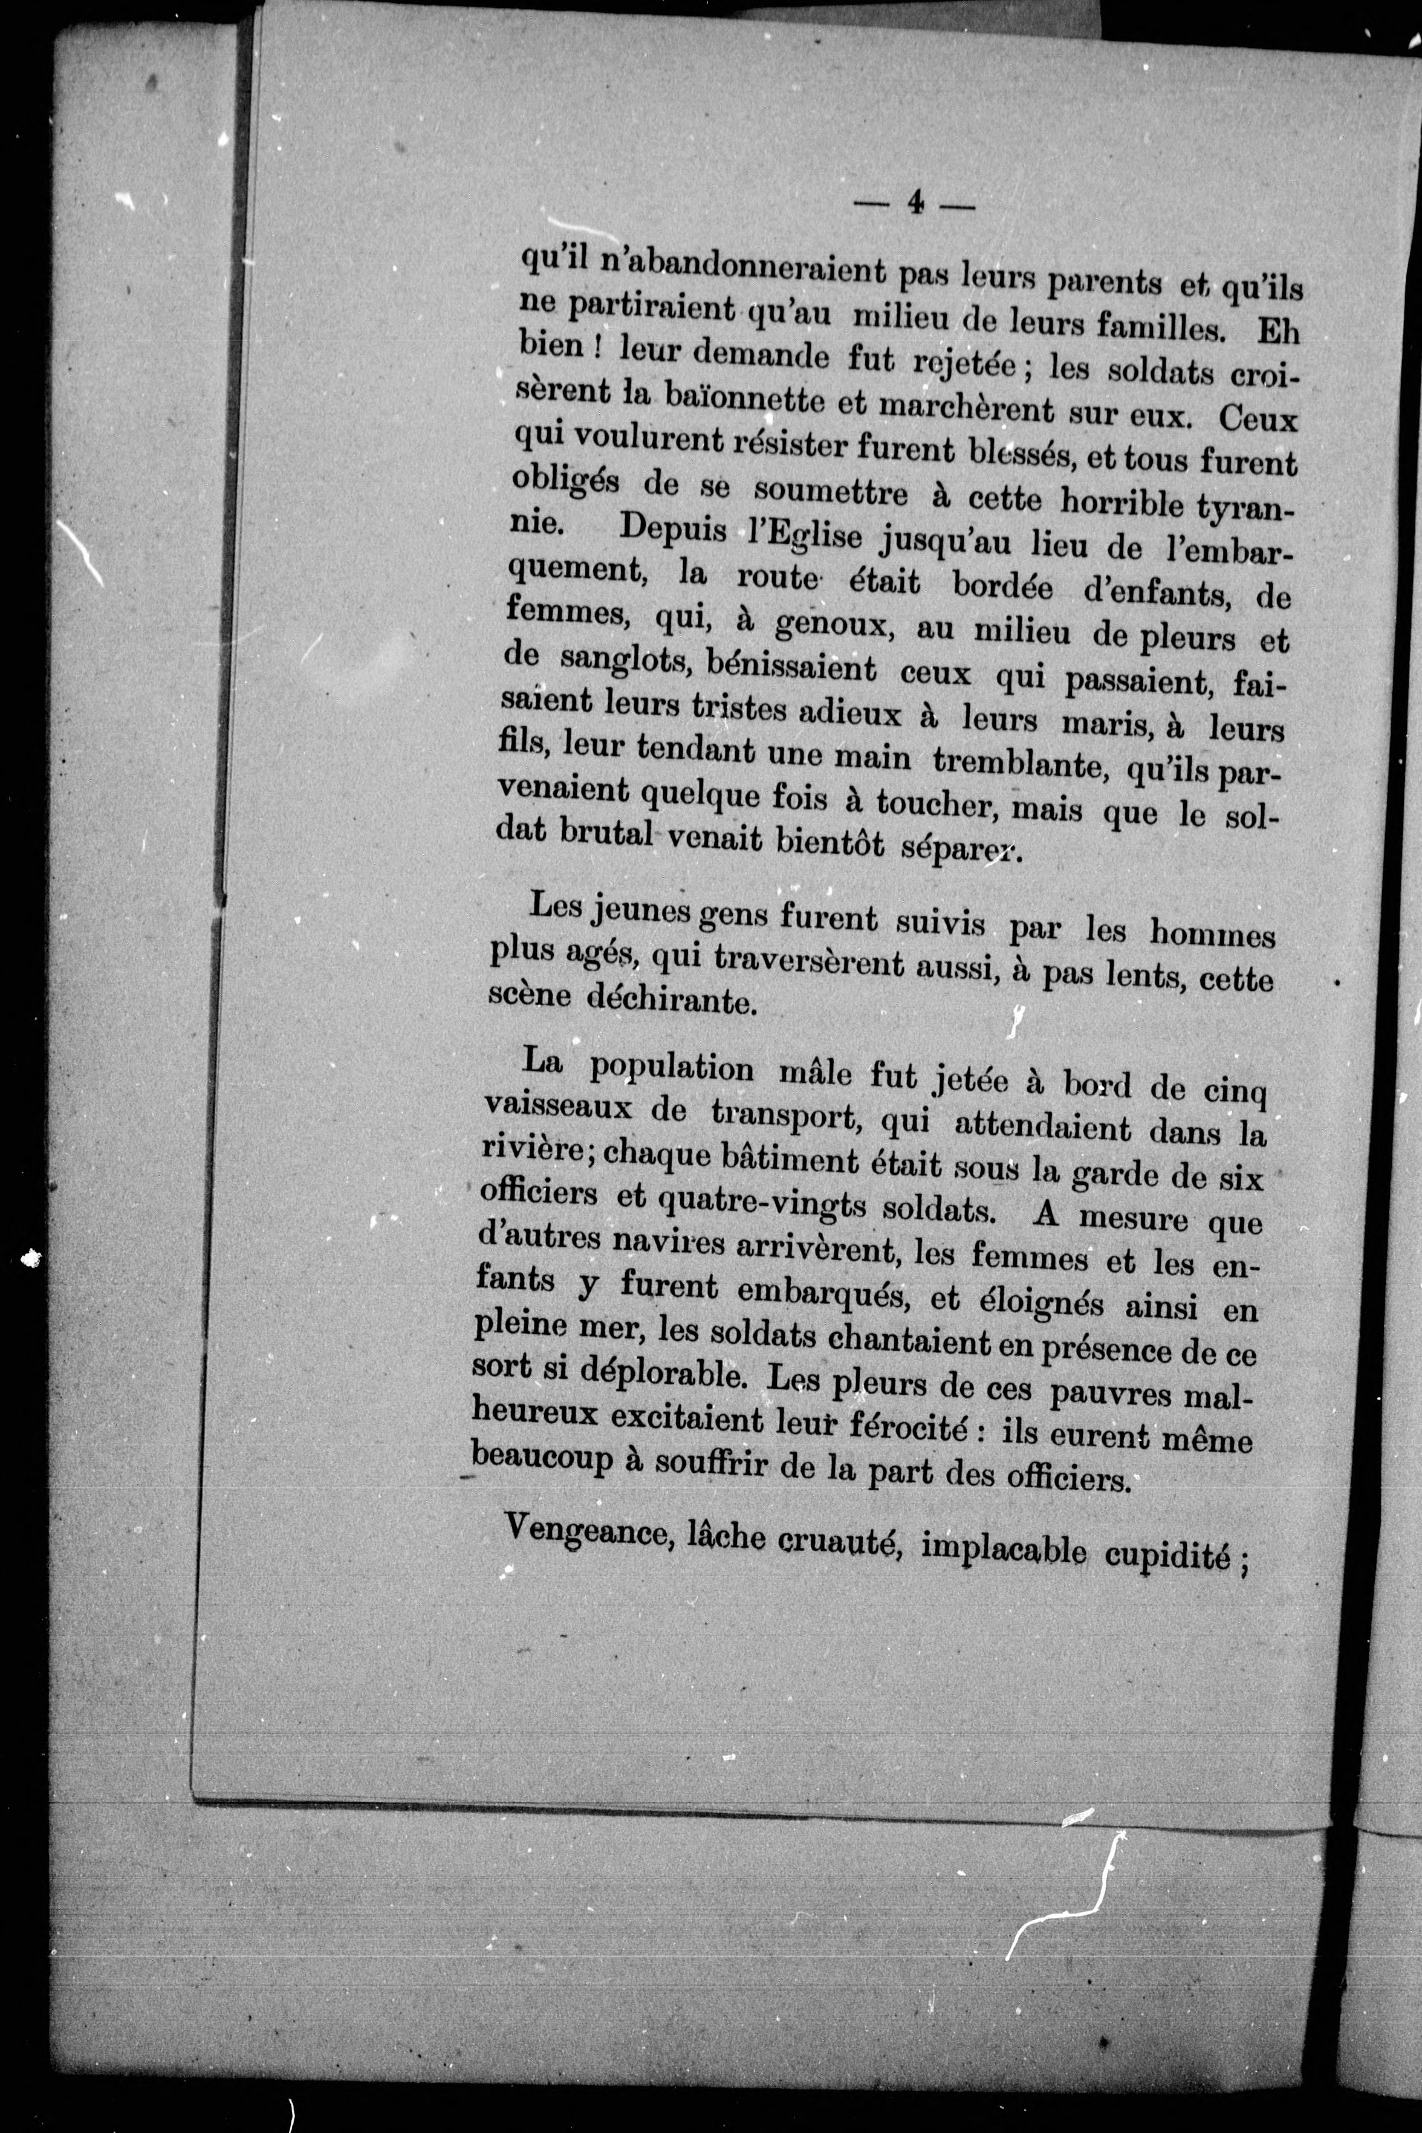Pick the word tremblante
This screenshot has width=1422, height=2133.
pos(1018,763)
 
